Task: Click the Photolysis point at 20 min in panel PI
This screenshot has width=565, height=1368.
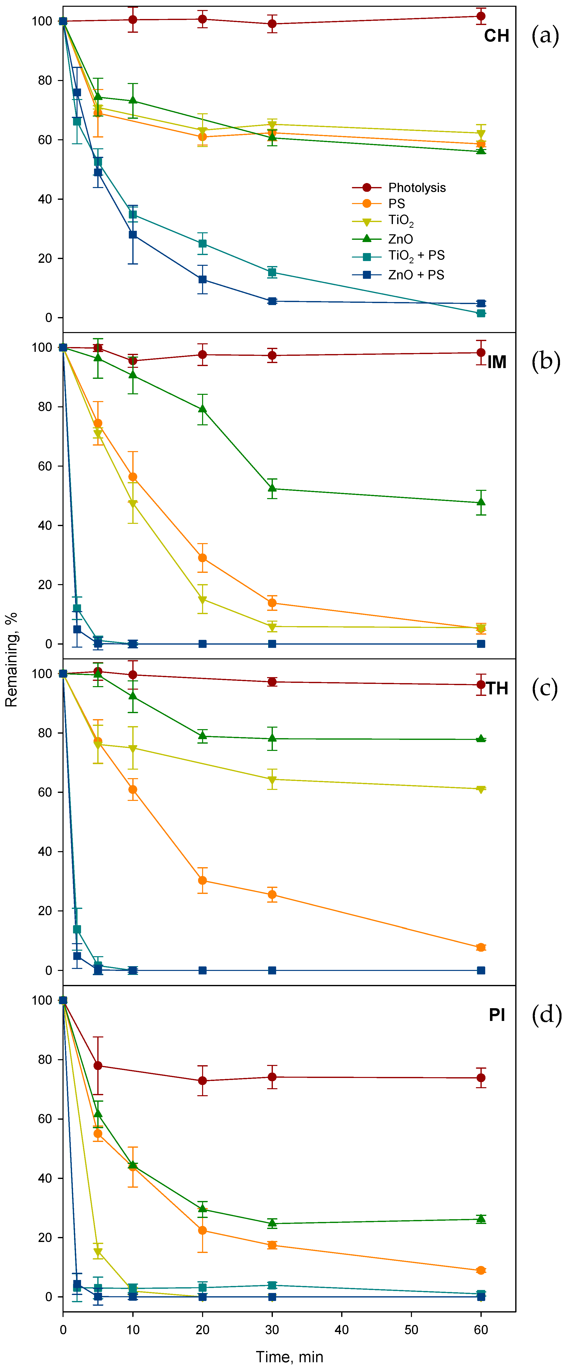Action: [202, 1081]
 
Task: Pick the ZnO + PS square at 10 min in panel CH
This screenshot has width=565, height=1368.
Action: [133, 235]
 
